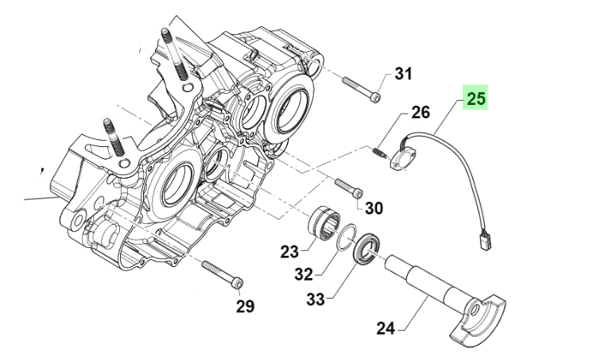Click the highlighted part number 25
coord(475,99)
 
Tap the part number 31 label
coord(404,75)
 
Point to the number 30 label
coord(374,208)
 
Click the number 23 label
coord(289,252)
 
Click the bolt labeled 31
coord(361,88)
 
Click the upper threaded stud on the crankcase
coord(169,48)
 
